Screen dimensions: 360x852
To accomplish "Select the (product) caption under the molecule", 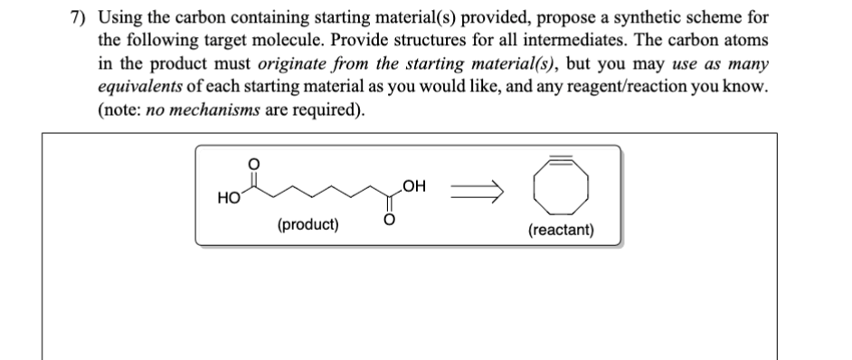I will [x=308, y=224].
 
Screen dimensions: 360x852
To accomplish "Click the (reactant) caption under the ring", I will [x=562, y=230].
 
